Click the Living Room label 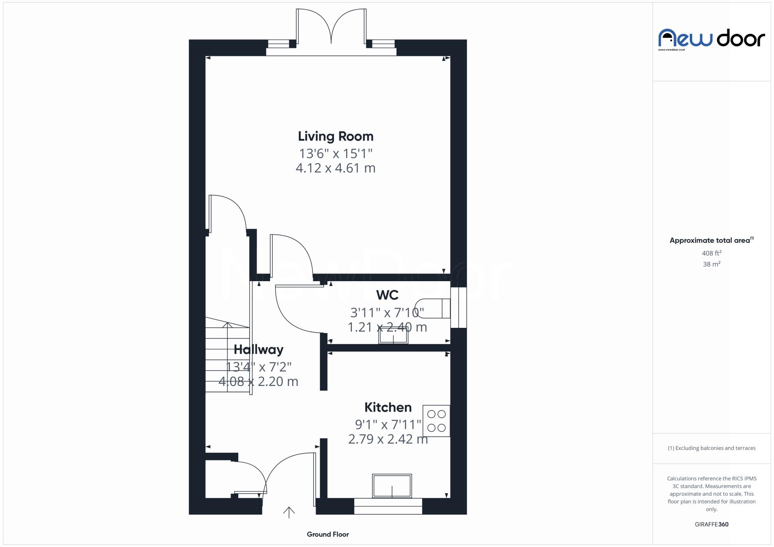click(x=335, y=137)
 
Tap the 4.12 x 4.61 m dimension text click(x=335, y=168)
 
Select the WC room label click(x=387, y=295)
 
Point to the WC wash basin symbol click(x=393, y=336)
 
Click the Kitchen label click(x=388, y=407)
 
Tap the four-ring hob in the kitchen click(x=436, y=421)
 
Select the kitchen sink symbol click(x=392, y=486)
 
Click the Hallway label click(x=258, y=350)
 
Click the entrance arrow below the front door click(x=289, y=512)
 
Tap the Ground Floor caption click(x=327, y=535)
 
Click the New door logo click(x=712, y=39)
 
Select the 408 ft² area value click(x=712, y=253)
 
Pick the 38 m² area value click(x=712, y=264)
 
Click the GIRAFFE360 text click(x=712, y=524)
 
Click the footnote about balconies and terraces click(x=712, y=448)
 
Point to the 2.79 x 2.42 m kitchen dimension click(x=388, y=439)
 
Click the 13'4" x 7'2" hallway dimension click(x=258, y=367)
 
